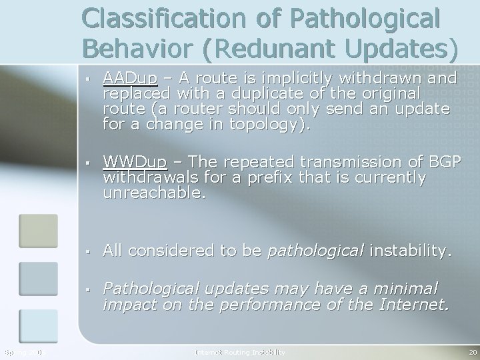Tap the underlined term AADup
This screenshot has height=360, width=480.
[129, 79]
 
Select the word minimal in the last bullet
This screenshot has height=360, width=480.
[403, 288]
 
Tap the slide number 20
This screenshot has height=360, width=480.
[472, 351]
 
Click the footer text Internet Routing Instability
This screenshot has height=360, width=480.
[240, 351]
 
